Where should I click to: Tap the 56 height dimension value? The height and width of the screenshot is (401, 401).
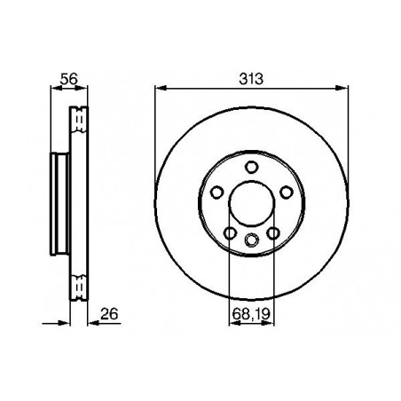click(61, 78)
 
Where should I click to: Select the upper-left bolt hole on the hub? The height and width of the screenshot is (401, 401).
click(217, 193)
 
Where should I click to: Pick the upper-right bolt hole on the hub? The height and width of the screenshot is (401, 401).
click(285, 193)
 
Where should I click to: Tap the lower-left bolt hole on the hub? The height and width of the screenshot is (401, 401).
click(230, 233)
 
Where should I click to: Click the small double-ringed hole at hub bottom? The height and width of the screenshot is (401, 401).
click(251, 239)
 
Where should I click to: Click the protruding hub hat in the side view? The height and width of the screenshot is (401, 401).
click(59, 203)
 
